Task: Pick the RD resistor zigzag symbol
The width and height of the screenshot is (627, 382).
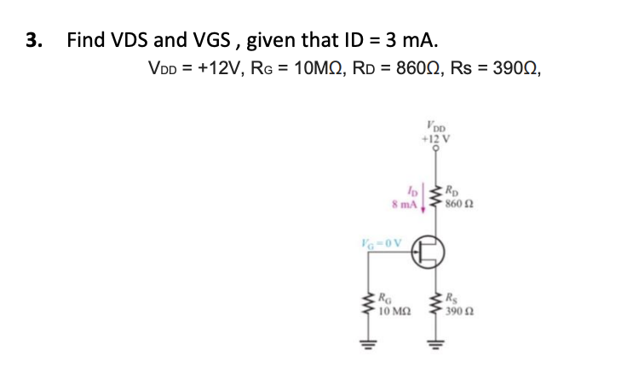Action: [435, 195]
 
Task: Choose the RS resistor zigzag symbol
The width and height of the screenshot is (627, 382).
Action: [435, 308]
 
